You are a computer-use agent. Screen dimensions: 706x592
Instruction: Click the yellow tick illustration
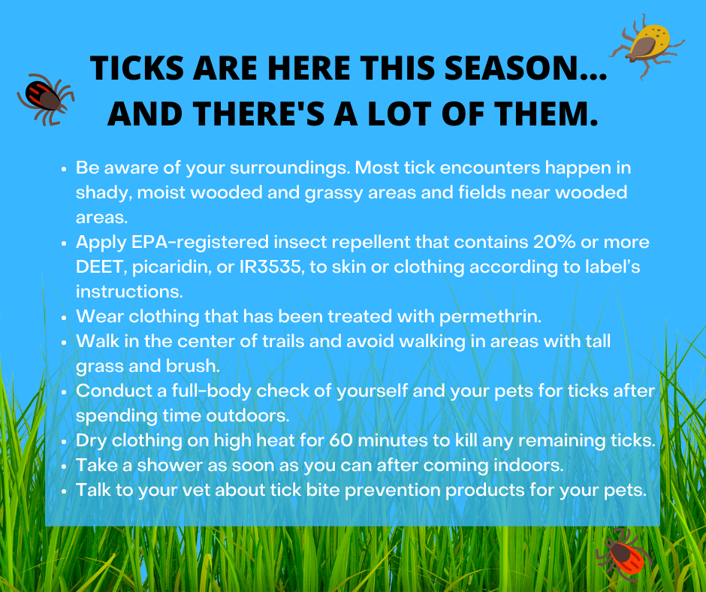tap(647, 46)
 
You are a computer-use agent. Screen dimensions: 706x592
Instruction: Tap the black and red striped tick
tap(45, 98)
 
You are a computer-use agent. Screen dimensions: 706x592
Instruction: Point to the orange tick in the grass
tap(624, 554)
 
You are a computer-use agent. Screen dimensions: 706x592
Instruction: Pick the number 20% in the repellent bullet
tap(554, 242)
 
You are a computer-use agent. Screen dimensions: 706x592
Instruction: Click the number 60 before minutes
tap(340, 440)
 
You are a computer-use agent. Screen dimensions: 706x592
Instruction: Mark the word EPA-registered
tap(200, 243)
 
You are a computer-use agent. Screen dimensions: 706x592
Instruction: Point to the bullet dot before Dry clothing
tap(64, 441)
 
